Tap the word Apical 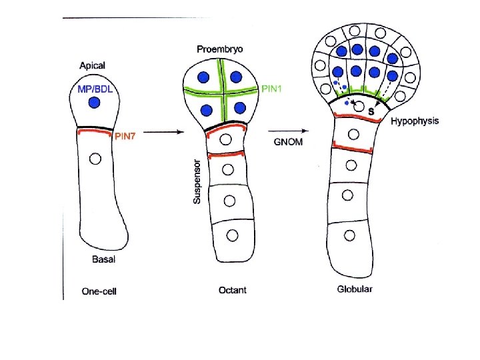click(92, 65)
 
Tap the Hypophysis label click(415, 121)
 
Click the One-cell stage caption click(99, 291)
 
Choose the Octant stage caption click(232, 290)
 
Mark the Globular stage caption click(355, 289)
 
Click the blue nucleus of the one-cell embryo click(95, 103)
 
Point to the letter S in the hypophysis click(371, 111)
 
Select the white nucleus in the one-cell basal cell click(95, 159)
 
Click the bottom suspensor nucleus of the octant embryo click(232, 235)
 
